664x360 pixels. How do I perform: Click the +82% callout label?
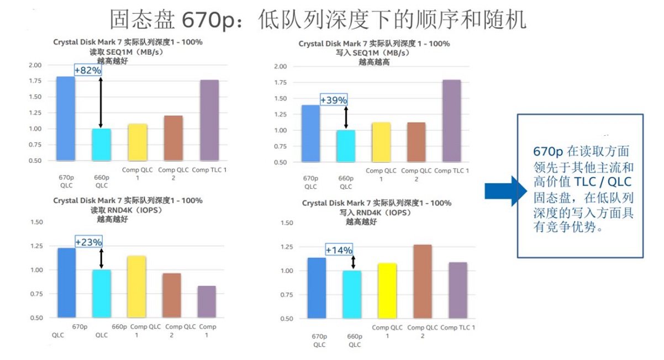[x=88, y=70]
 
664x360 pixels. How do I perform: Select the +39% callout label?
[x=334, y=100]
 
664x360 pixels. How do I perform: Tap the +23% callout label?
[x=88, y=242]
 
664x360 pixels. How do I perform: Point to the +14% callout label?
[x=339, y=250]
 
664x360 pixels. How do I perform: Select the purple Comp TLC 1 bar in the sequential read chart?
[x=209, y=120]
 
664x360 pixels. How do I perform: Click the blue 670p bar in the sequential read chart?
[x=66, y=119]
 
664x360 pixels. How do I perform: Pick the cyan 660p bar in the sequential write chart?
[x=346, y=146]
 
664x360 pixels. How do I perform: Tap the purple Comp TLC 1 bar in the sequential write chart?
[x=451, y=121]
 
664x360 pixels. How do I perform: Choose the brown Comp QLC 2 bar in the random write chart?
[x=422, y=282]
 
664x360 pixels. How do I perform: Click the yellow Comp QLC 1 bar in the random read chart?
[x=137, y=287]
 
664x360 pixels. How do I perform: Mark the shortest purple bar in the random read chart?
[x=207, y=301]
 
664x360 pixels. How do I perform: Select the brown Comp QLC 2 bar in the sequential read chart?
[x=173, y=138]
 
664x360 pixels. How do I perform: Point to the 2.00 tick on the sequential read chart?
[x=35, y=65]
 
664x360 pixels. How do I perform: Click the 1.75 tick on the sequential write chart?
[x=280, y=83]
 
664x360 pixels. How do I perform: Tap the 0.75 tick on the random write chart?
[x=287, y=295]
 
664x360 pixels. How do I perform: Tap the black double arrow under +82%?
[x=101, y=102]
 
